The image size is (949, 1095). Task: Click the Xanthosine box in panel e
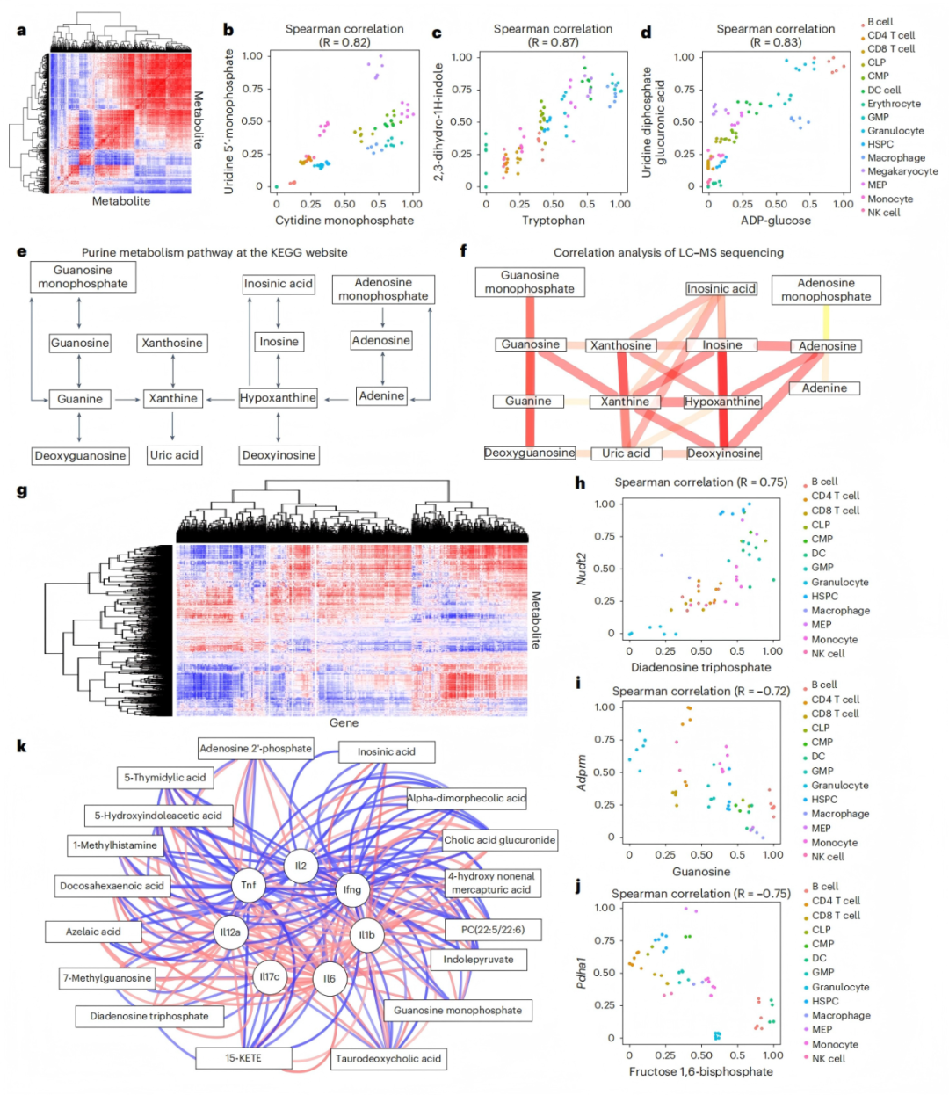coord(172,343)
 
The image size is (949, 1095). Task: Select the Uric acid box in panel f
coord(626,453)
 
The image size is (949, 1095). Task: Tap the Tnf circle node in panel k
coord(249,885)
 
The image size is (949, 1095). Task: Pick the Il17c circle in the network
coord(269,976)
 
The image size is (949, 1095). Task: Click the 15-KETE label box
coord(243,1057)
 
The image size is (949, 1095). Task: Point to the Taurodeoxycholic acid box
coord(388,1058)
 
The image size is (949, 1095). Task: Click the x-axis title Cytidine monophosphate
coord(344,221)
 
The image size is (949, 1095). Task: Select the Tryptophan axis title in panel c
coord(553,221)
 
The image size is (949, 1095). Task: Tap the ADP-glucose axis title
coord(776,221)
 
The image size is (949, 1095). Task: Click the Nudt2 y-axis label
coord(582,568)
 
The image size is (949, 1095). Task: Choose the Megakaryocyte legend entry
coord(902,171)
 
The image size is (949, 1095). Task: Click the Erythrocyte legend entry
coord(894,104)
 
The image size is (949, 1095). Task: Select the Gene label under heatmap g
coord(344,722)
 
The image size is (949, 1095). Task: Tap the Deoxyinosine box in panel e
coord(279,455)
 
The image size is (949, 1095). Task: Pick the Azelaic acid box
coord(93,932)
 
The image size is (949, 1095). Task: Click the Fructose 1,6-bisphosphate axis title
coord(700,1071)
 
